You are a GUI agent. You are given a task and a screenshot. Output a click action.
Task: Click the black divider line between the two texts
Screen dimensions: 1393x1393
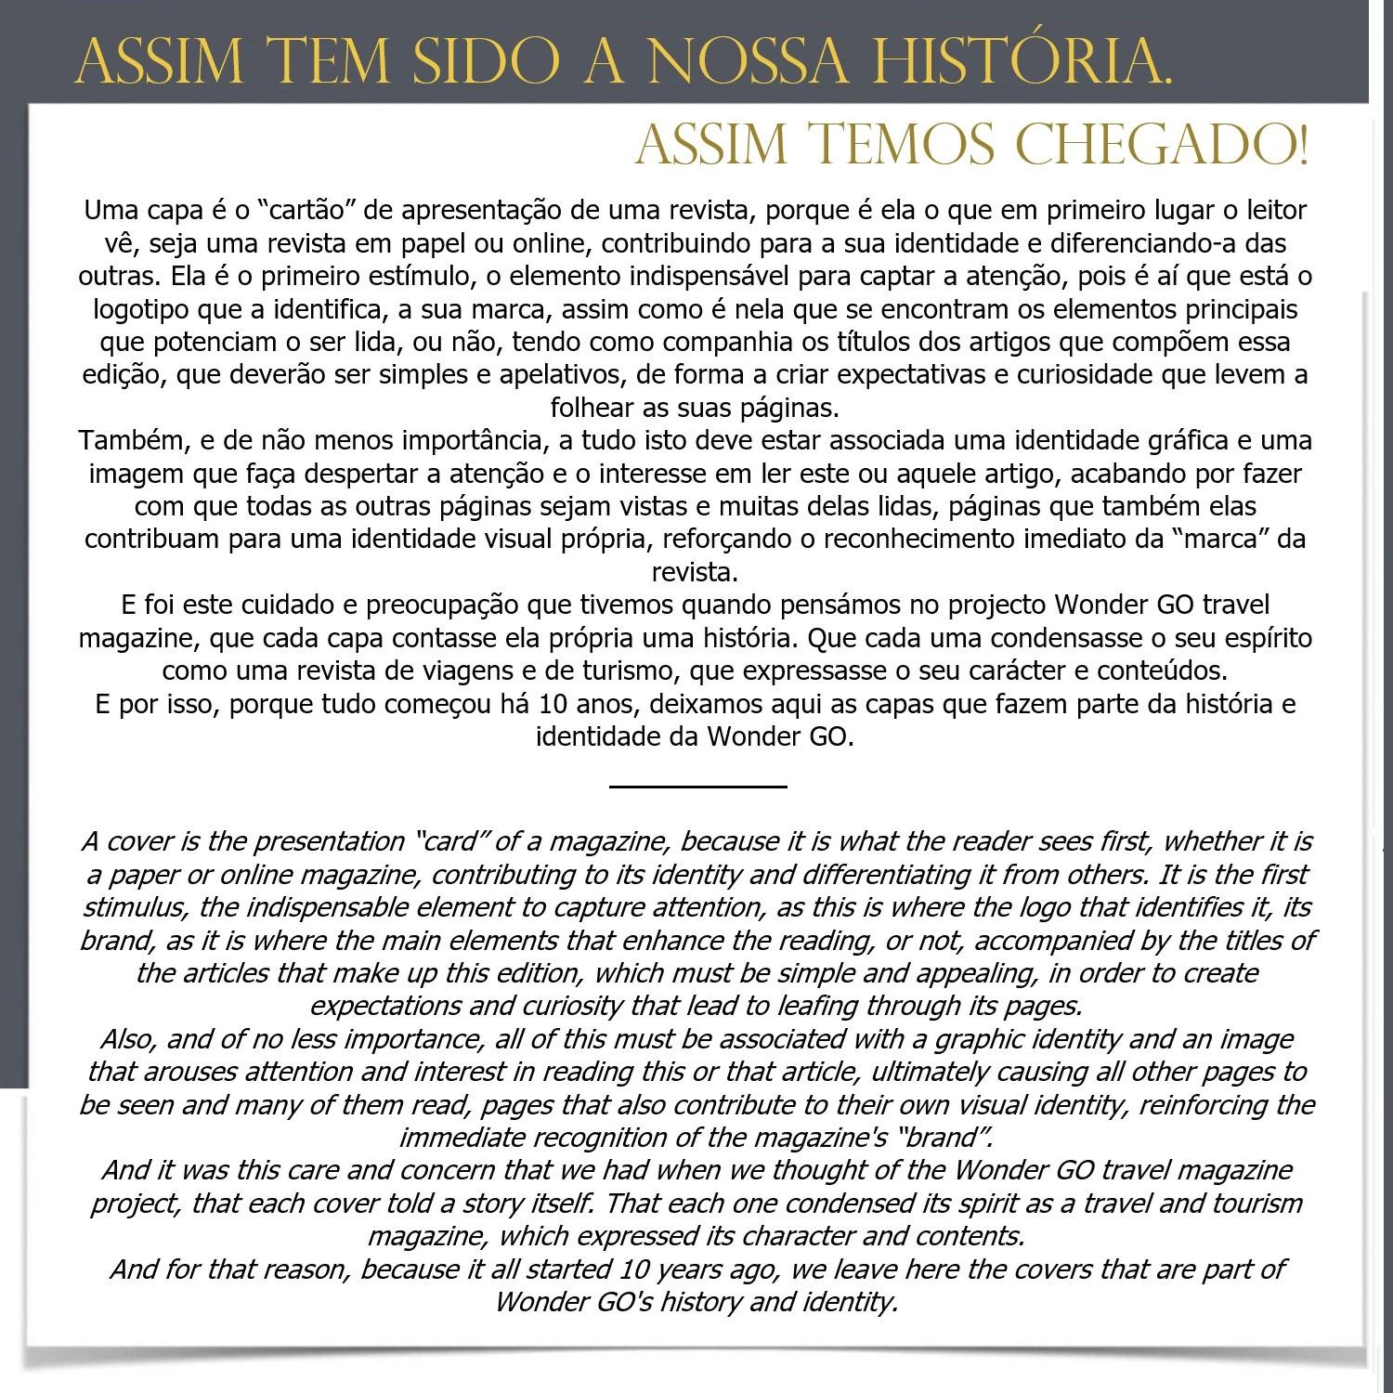tap(697, 787)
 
